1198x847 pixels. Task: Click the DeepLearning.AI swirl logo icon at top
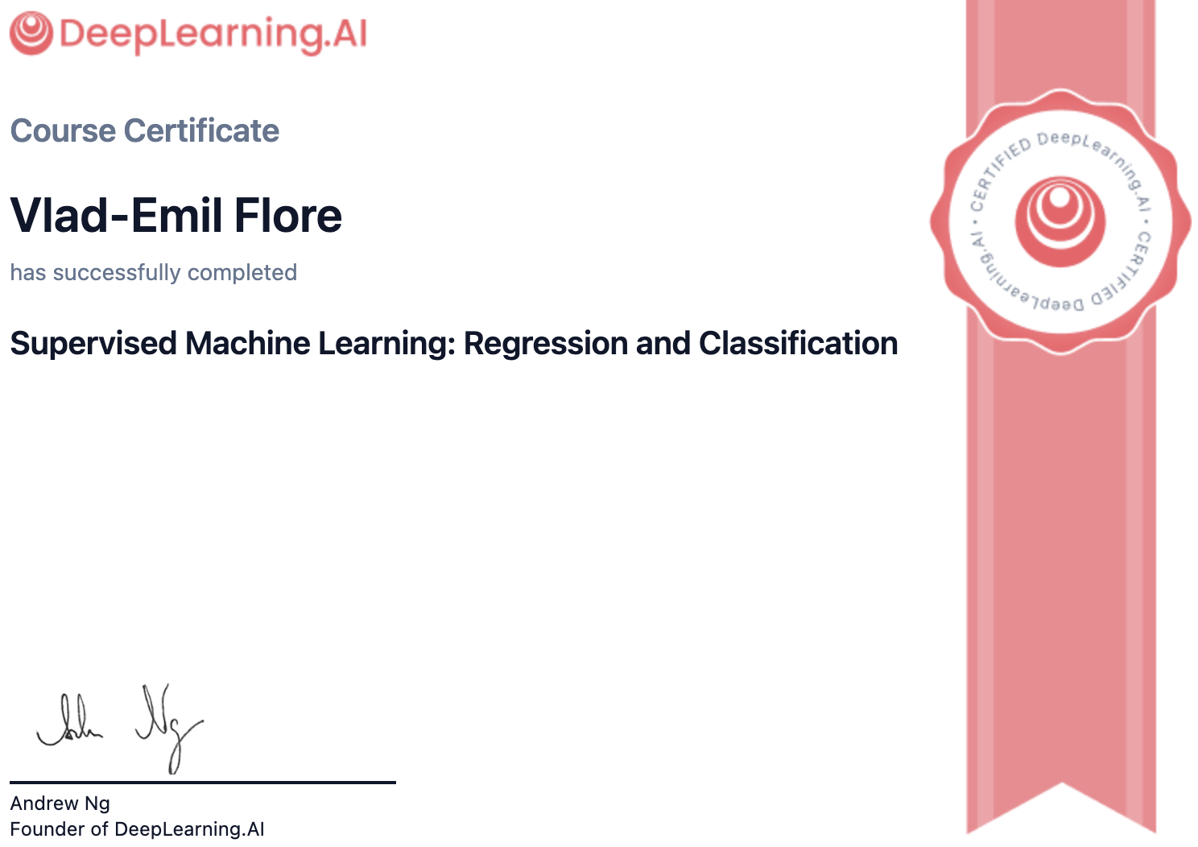[31, 34]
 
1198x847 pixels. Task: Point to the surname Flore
[288, 216]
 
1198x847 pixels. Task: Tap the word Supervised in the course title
[93, 344]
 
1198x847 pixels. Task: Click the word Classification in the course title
[798, 344]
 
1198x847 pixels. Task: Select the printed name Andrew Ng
[60, 804]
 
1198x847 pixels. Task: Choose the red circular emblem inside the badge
[1060, 221]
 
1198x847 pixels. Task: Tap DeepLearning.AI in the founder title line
[189, 829]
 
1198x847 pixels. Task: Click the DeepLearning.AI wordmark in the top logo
[213, 34]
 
